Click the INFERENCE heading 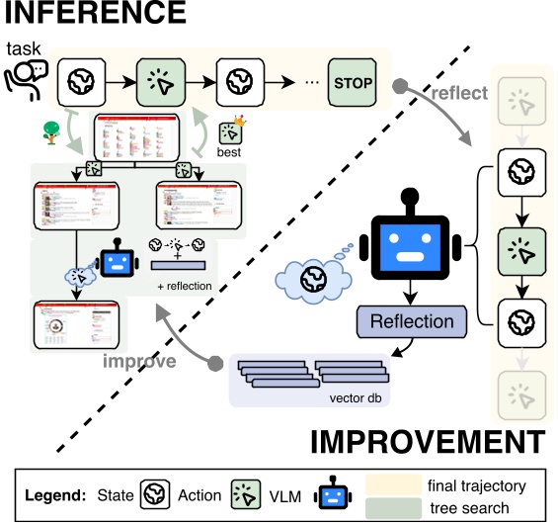[x=94, y=14]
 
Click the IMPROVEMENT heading [x=428, y=441]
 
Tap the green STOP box [x=354, y=82]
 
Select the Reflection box [x=412, y=321]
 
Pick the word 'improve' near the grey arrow [x=140, y=362]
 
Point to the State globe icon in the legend [x=153, y=495]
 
